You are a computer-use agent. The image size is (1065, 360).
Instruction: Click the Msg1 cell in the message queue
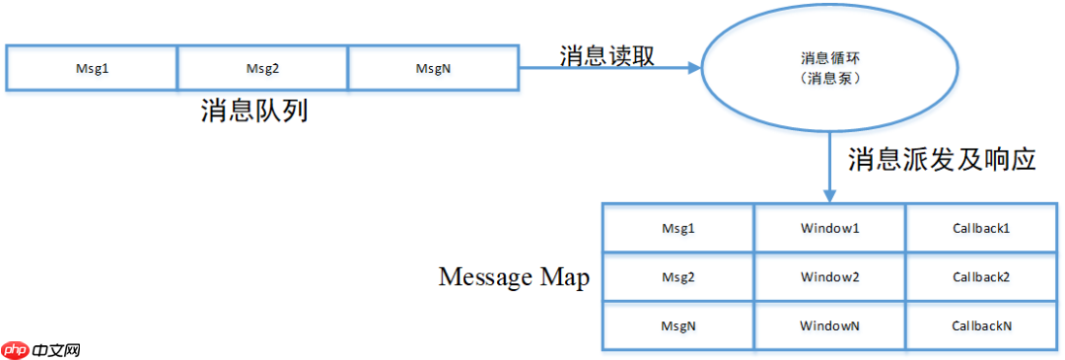(x=92, y=68)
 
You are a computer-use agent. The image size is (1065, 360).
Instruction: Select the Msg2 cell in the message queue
(x=263, y=68)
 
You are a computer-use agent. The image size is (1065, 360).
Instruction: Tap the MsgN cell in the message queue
(x=434, y=68)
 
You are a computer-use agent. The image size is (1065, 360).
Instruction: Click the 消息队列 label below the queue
(x=254, y=109)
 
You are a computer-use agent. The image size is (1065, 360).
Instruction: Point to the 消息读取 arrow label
(x=606, y=54)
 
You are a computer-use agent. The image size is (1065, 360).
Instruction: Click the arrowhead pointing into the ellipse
(x=691, y=68)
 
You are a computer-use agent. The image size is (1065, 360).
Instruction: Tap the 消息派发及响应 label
(x=942, y=158)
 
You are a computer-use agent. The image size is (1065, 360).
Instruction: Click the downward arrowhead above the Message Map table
(x=829, y=195)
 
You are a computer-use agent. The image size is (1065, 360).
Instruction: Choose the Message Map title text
(x=513, y=277)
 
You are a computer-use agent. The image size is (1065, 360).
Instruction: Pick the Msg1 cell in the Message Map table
(x=678, y=228)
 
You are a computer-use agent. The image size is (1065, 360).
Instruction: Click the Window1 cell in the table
(x=830, y=228)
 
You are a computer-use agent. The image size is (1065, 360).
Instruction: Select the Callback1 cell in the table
(x=981, y=228)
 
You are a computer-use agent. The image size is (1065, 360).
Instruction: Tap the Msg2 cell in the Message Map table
(x=678, y=277)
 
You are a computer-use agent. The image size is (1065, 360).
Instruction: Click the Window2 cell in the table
(x=830, y=277)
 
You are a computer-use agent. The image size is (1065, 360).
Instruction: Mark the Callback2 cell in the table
(x=981, y=277)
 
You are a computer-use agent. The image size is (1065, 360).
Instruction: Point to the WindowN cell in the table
(x=830, y=324)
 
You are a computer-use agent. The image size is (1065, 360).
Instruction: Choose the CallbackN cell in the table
(x=981, y=324)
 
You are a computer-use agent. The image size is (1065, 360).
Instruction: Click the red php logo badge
(x=16, y=349)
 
